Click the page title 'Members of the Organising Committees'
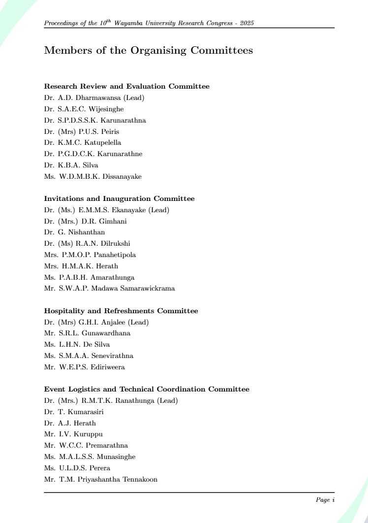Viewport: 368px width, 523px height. [x=148, y=50]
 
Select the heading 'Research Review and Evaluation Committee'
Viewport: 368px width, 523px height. [x=126, y=87]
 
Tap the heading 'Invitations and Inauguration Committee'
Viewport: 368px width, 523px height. [x=119, y=199]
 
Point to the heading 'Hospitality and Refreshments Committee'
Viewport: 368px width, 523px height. [x=121, y=311]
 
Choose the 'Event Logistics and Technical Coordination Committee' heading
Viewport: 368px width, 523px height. [x=147, y=390]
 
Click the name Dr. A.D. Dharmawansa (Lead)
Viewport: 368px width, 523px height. [x=94, y=98]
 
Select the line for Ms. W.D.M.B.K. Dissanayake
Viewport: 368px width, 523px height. [x=92, y=176]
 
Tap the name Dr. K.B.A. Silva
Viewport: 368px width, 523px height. [x=71, y=165]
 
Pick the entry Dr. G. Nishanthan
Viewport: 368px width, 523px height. [x=74, y=232]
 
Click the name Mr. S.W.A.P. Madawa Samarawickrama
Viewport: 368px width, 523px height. [x=109, y=289]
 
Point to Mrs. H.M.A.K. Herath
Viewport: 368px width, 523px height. [x=81, y=266]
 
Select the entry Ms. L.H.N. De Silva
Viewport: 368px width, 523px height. [x=77, y=345]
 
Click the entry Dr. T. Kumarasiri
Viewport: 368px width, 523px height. [x=74, y=412]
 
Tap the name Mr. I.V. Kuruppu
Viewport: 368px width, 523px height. [x=73, y=434]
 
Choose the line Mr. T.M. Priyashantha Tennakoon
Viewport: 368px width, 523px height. [x=101, y=479]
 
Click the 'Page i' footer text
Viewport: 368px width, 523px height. [x=325, y=500]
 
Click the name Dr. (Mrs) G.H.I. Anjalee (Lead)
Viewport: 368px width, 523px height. [x=96, y=322]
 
